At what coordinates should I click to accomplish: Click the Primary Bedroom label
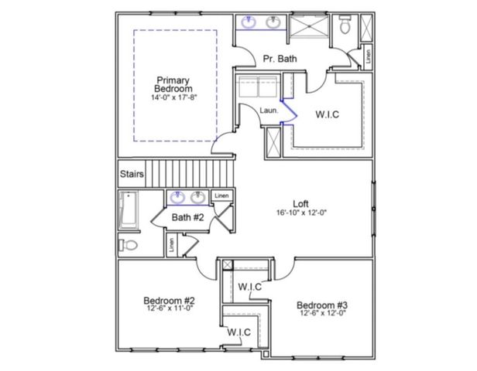tap(173, 84)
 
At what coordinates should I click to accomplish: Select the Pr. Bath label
tap(277, 59)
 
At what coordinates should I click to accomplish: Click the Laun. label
tap(268, 110)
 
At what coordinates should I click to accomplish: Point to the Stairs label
tap(131, 174)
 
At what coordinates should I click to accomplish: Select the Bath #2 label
tap(187, 218)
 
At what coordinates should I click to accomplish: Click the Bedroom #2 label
tap(169, 301)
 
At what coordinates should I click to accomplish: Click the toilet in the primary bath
tap(345, 26)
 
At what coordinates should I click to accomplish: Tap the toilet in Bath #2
tap(129, 245)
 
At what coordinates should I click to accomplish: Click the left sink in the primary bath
tap(249, 22)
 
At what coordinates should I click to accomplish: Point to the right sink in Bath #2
tap(198, 197)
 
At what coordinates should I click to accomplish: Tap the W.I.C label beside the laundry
tap(327, 114)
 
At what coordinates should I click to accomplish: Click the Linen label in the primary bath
tap(369, 56)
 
